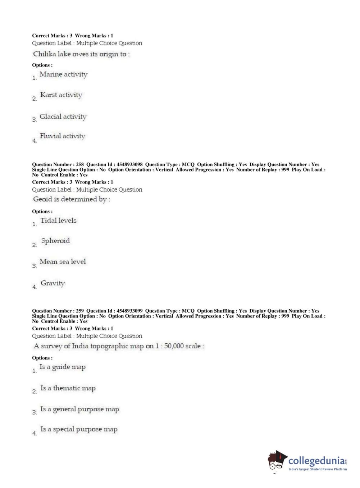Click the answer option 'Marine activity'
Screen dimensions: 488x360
(x=63, y=74)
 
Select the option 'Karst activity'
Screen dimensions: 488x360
(x=61, y=95)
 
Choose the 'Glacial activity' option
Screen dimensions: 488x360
(x=63, y=117)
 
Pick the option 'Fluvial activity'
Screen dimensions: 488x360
(x=63, y=136)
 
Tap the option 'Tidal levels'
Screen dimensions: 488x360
(x=58, y=221)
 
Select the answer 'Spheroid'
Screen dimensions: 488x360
(x=55, y=241)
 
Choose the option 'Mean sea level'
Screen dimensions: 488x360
(x=63, y=262)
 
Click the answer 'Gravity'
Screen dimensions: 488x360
(x=53, y=283)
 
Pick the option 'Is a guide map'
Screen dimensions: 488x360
(x=63, y=367)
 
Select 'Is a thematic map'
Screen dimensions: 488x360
(x=68, y=388)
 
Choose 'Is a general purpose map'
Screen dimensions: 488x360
(x=79, y=409)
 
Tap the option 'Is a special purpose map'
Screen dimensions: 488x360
(x=79, y=429)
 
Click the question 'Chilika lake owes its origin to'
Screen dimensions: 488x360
(x=81, y=54)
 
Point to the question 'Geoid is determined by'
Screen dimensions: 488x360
(x=72, y=199)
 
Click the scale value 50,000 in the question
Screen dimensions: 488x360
(x=174, y=346)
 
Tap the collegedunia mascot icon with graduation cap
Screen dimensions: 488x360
(x=277, y=460)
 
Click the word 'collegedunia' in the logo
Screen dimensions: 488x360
(x=316, y=461)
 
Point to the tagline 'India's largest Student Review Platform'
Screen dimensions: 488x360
(x=318, y=469)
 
